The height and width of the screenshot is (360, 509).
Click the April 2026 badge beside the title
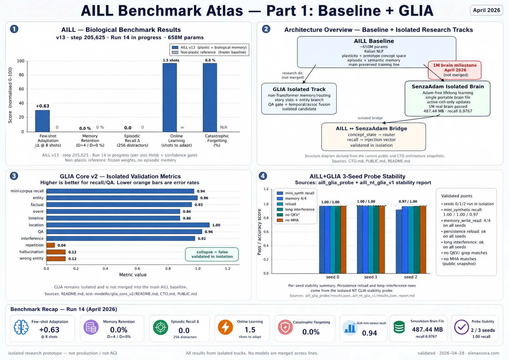(486, 10)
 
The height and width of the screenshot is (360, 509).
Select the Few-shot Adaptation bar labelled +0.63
(42, 121)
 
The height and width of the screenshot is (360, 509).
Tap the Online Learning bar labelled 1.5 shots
(170, 98)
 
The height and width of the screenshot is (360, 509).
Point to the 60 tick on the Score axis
(22, 89)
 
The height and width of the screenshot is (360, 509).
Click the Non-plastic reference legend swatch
(175, 52)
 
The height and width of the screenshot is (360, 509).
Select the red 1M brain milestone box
(454, 70)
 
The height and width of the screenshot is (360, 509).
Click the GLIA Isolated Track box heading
(299, 89)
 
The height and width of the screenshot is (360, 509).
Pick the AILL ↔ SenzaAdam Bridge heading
(371, 128)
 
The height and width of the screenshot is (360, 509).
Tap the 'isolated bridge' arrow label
(370, 118)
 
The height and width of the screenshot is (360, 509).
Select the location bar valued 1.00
(128, 225)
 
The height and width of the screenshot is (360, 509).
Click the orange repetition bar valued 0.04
(51, 245)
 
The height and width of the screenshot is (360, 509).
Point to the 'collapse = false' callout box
(212, 254)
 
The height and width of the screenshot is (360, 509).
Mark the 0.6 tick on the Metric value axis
(137, 269)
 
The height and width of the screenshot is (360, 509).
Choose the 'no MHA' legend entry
(288, 220)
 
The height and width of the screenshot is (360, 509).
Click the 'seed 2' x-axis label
(410, 277)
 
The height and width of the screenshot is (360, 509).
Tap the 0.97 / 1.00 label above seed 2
(408, 201)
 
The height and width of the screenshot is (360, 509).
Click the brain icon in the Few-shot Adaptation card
(21, 327)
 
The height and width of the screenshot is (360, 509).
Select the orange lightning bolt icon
(225, 327)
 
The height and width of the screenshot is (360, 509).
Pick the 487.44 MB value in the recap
(427, 329)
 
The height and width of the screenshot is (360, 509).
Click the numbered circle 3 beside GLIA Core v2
(14, 176)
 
